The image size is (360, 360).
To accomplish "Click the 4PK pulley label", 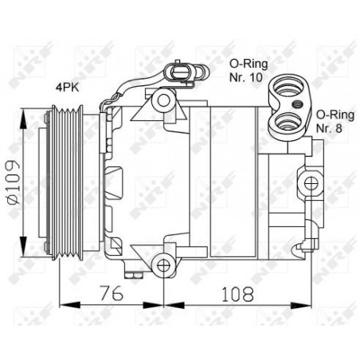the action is (67, 88).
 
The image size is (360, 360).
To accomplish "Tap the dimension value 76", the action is (112, 293).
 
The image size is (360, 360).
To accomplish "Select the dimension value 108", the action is (238, 294).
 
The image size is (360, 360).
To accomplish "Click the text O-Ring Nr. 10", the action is (248, 70).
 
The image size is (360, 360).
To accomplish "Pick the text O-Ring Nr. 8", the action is (335, 121).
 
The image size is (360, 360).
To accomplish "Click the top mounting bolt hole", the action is (163, 100).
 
